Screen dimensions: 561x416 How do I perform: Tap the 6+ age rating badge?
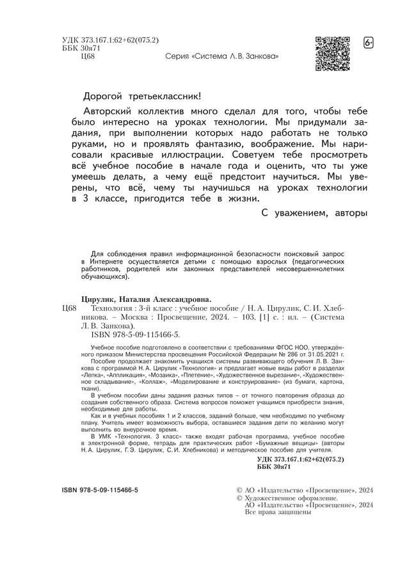click(369, 43)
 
